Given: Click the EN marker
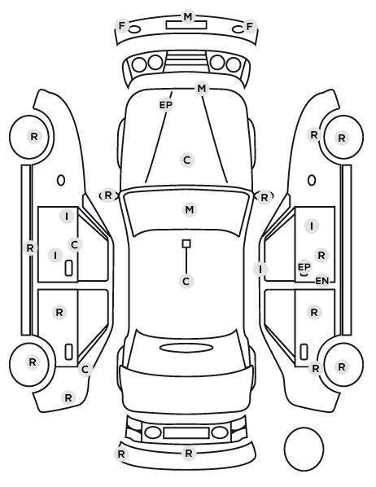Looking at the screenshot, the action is click(322, 281).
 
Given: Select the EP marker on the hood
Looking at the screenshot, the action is click(166, 105).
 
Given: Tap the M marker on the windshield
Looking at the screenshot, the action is click(190, 210).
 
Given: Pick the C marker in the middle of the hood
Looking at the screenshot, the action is click(187, 160).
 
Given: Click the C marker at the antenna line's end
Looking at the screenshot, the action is click(186, 282).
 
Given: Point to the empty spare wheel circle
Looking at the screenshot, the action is click(304, 449).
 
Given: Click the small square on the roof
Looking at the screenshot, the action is click(186, 243).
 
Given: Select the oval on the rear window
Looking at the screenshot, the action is click(186, 348).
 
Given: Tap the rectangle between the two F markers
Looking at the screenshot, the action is click(186, 25).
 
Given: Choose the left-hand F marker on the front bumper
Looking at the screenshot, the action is click(122, 26).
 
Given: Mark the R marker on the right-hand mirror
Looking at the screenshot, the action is click(264, 198).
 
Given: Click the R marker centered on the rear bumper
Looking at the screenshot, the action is click(189, 453).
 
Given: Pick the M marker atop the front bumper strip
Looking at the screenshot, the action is click(188, 16).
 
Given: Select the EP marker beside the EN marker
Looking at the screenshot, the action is click(304, 267).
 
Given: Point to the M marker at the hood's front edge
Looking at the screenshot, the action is click(202, 89).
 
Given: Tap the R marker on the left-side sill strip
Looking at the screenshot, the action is click(30, 248).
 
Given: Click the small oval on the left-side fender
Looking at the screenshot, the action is click(61, 181).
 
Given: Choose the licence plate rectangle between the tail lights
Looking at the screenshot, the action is click(186, 433).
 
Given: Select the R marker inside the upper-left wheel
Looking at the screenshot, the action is click(34, 136).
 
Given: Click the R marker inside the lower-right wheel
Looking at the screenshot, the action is click(342, 366).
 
